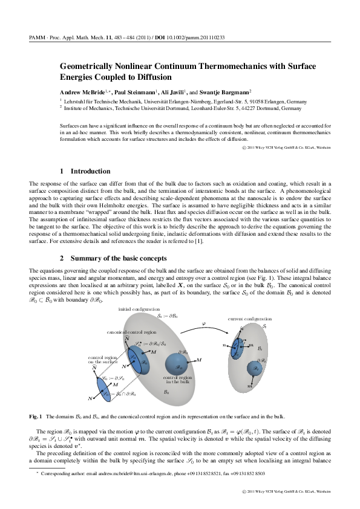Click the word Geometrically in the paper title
[89, 66]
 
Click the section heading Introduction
[91, 171]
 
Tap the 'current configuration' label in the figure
[246, 318]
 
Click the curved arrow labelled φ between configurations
[203, 327]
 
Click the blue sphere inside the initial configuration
[177, 365]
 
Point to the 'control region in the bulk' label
[176, 380]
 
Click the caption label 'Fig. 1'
[36, 417]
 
